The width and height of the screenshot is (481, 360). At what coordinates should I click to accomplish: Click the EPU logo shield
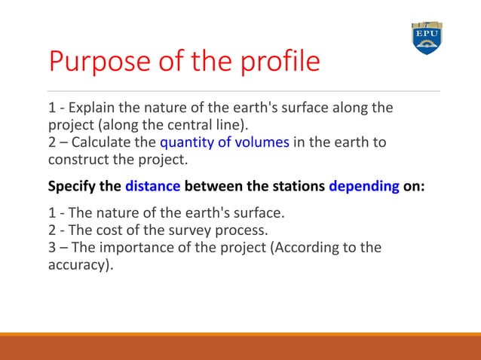pyautogui.click(x=426, y=38)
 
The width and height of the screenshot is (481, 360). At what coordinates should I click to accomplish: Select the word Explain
pyautogui.click(x=91, y=107)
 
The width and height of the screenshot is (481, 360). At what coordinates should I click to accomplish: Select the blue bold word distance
pyautogui.click(x=153, y=186)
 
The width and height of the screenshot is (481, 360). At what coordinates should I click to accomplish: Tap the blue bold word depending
pyautogui.click(x=364, y=186)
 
